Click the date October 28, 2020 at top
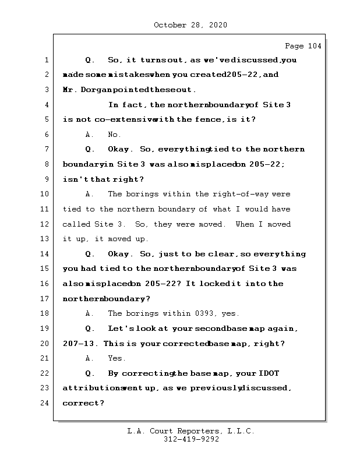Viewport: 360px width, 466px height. pos(190,25)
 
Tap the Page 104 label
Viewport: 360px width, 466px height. pos(302,46)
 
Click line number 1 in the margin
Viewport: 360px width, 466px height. pos(46,60)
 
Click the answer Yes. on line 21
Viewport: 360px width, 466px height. pos(117,358)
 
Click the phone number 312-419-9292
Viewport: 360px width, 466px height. pos(191,440)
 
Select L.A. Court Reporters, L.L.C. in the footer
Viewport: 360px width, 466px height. pos(191,431)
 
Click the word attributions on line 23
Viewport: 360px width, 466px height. pos(91,388)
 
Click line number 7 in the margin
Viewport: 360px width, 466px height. pos(46,150)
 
